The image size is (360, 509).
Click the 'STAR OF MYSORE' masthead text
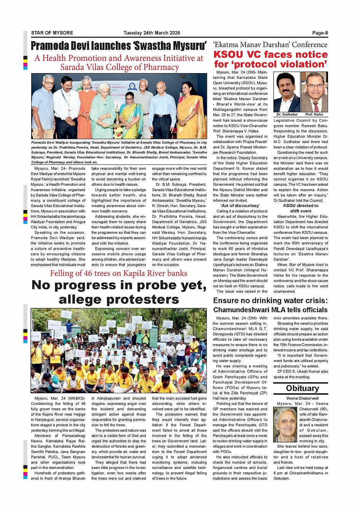pos(52,33)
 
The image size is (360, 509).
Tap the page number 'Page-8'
pos(320,33)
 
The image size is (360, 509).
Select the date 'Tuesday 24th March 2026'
pos(152,33)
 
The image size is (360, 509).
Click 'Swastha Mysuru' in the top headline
pos(170,46)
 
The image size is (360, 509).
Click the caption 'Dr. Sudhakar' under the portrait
pos(287,114)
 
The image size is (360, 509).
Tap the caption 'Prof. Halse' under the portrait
pos(314,114)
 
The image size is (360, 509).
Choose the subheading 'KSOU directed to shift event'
pos(301,208)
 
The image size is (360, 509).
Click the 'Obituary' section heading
pos(302,388)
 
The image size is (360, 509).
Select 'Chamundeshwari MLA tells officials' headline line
pos(270,310)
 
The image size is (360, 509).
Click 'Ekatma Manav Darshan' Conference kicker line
pos(270,45)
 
